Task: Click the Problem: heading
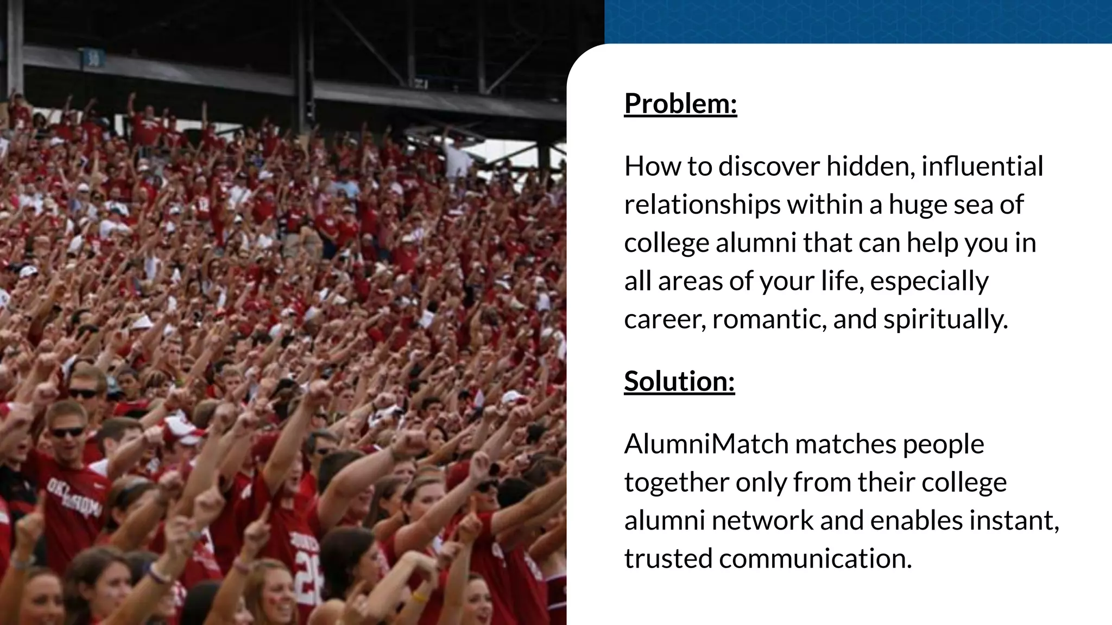(x=680, y=103)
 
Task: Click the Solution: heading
(x=679, y=381)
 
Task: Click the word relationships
(x=702, y=205)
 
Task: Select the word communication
(x=816, y=558)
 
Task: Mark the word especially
(x=928, y=281)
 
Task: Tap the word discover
(x=769, y=166)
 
